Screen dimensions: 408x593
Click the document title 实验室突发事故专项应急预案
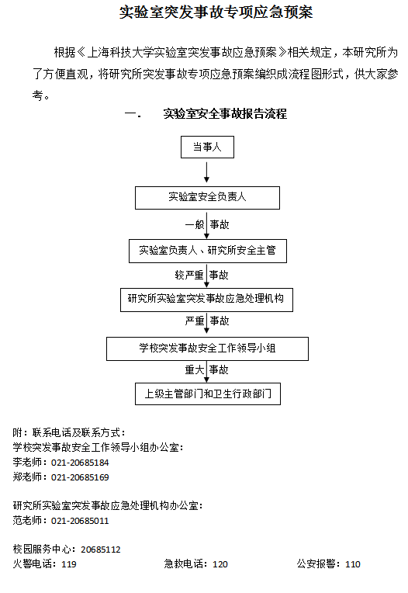[216, 12]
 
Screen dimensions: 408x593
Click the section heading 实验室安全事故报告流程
[225, 113]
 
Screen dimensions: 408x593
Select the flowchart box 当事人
[207, 147]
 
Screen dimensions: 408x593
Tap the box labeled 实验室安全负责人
[207, 198]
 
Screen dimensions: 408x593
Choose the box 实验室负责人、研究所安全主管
[208, 251]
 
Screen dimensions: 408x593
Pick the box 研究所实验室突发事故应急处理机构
[206, 300]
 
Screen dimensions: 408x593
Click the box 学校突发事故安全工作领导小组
[207, 349]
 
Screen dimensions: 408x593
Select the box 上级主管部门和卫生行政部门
[208, 394]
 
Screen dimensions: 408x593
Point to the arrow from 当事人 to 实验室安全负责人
[206, 172]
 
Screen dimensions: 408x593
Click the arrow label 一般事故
[207, 224]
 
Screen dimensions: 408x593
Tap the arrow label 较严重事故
[202, 275]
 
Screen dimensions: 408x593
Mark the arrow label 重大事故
[206, 369]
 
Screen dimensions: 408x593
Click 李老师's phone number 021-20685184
[80, 463]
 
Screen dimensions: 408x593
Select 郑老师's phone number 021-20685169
[80, 477]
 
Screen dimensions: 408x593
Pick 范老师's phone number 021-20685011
[80, 521]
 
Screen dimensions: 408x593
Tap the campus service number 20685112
[101, 550]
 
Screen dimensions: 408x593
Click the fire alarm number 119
[69, 564]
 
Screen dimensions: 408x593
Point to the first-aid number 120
[220, 564]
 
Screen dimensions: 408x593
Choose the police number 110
[353, 564]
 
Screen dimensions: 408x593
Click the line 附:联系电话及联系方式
[69, 432]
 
